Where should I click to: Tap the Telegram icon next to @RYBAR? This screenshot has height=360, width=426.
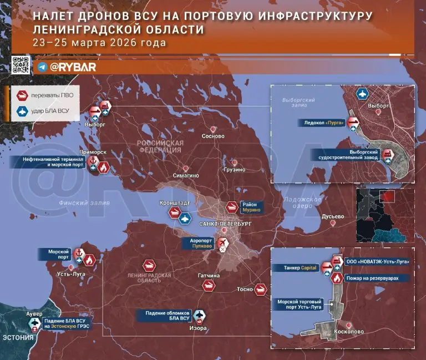(x=42, y=67)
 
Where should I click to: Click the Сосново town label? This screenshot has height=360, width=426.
(x=213, y=136)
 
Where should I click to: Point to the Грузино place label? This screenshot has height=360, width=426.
(x=235, y=170)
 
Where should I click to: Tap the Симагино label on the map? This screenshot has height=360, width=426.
(x=186, y=175)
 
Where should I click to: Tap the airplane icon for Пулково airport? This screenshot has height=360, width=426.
(x=223, y=242)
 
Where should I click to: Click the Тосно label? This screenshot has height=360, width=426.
(x=245, y=290)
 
